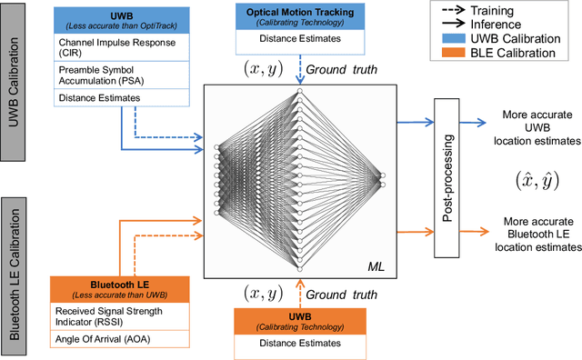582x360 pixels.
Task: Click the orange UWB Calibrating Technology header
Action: click(300, 319)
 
